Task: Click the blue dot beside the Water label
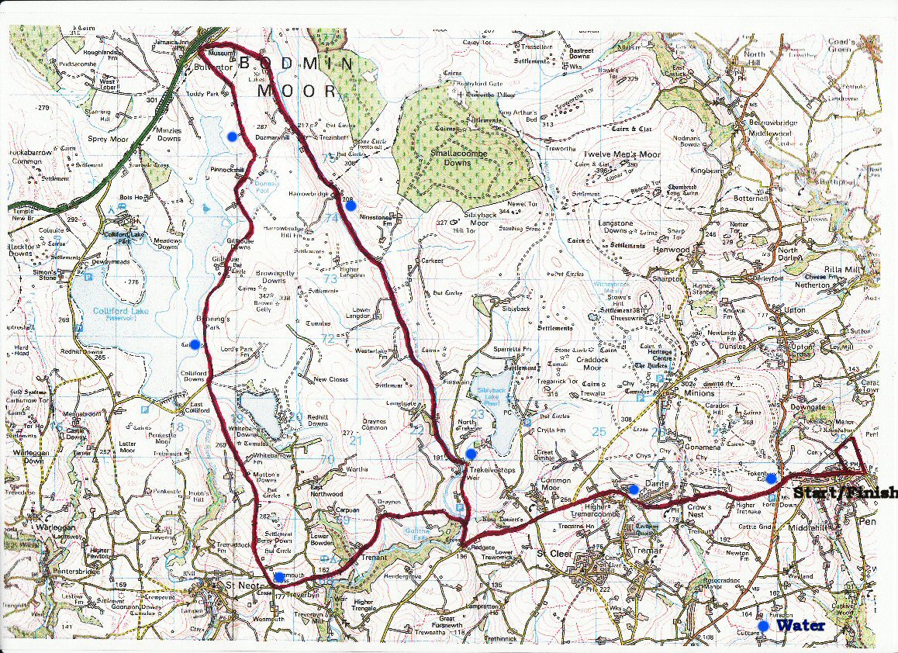pos(763,625)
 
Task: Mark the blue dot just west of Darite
pos(634,489)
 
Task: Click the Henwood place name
pos(671,250)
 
